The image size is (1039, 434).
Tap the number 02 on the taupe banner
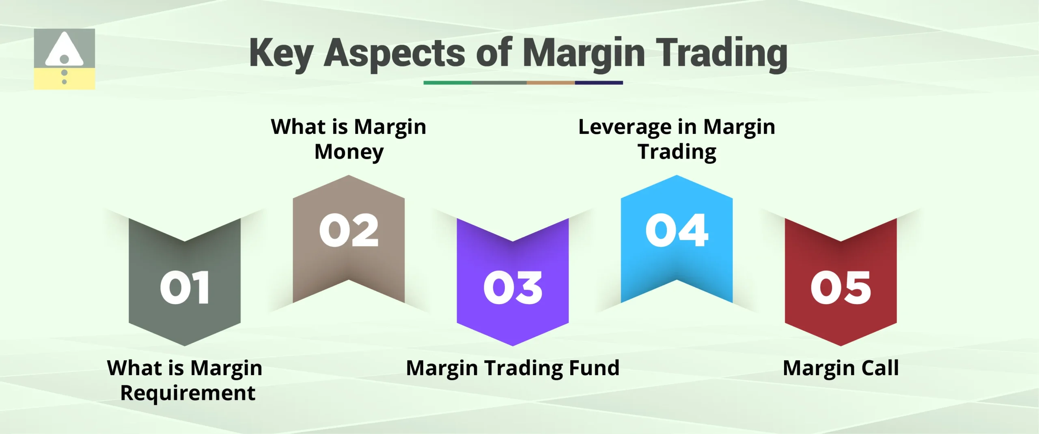[349, 230]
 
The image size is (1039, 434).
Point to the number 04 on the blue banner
[677, 230]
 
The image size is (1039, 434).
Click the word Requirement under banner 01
[188, 393]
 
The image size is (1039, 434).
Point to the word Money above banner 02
[349, 152]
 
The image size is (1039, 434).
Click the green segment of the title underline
[447, 83]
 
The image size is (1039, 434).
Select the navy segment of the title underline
[599, 83]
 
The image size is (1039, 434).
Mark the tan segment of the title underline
[550, 83]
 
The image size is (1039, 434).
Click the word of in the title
[494, 53]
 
